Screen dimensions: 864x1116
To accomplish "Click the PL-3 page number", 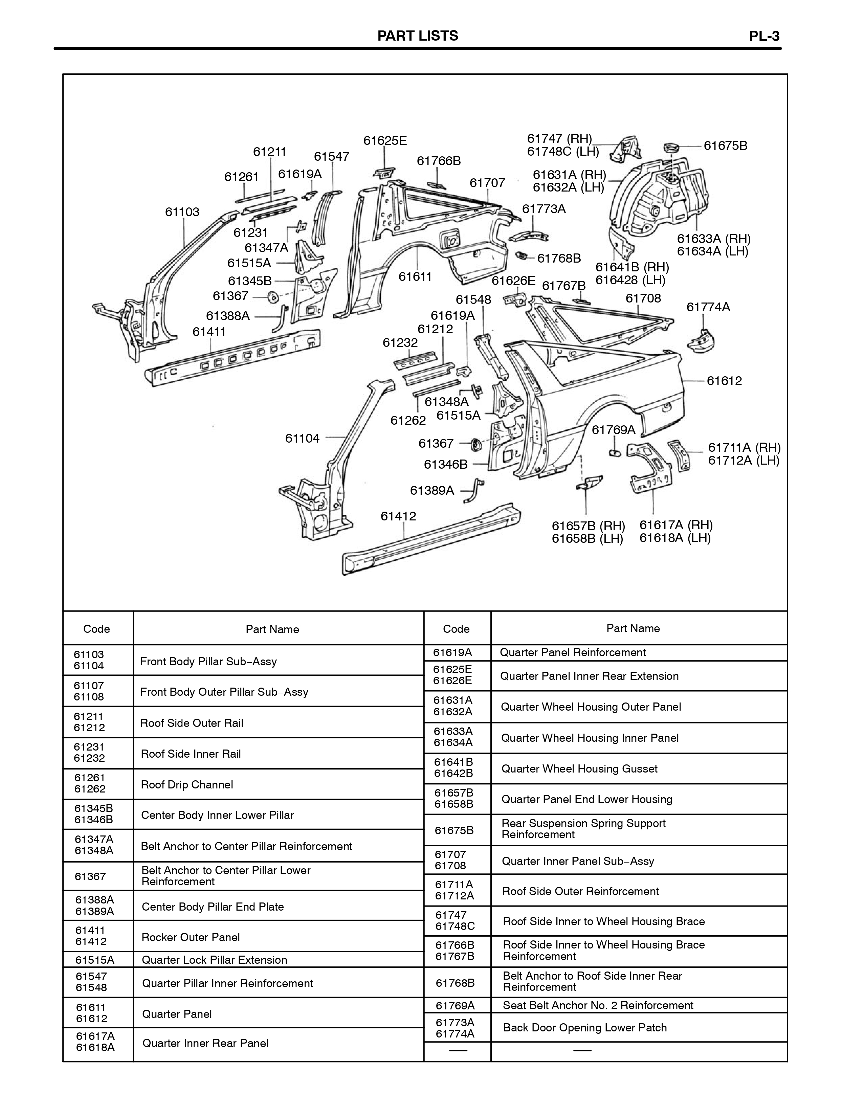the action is tap(765, 36).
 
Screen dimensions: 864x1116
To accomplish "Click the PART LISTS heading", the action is tap(417, 36).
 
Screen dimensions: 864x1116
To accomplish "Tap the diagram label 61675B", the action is tap(726, 146).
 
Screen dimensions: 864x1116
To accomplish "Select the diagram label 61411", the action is tap(209, 332).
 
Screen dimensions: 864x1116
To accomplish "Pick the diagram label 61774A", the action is tap(708, 307).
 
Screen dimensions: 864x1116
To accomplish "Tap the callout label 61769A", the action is tap(613, 430).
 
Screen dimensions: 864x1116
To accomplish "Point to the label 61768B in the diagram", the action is tap(559, 259).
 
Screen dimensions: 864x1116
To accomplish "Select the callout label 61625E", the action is tap(385, 140).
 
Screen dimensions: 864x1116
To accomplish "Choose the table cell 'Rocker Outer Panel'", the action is tap(191, 937).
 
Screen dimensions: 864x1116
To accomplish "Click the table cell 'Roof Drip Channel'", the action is tap(187, 784).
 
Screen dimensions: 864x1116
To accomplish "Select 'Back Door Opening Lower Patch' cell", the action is tap(585, 1028).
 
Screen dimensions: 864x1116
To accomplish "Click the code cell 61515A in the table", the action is tap(95, 960).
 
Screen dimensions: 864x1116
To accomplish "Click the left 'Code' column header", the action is tap(96, 629).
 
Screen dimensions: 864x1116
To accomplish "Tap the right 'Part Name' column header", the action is tap(633, 628).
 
